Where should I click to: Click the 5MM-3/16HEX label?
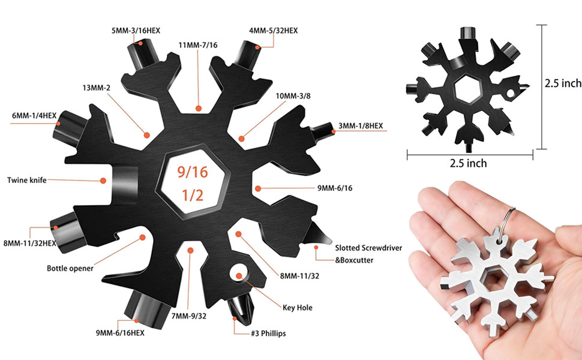pos(136,31)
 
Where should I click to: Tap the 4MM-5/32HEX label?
pos(273,31)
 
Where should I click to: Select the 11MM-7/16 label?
pos(198,45)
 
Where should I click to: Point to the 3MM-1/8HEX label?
pos(361,126)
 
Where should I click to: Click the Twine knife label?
pos(27,180)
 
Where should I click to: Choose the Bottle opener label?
pos(70,268)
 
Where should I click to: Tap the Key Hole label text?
pos(298,307)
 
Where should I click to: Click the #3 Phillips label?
pos(268,333)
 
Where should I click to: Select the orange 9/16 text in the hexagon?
pos(192,172)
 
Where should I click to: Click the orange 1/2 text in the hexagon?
pos(193,195)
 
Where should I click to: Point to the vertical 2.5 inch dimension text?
pos(563,83)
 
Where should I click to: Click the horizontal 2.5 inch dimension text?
pos(468,163)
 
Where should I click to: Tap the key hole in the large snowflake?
pos(239,274)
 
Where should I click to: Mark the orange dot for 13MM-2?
pos(147,135)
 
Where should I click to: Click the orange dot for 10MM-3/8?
pos(242,139)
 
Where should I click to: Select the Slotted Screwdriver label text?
pos(368,248)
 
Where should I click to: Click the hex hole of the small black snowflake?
pos(468,89)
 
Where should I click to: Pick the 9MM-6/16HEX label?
pos(120,333)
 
